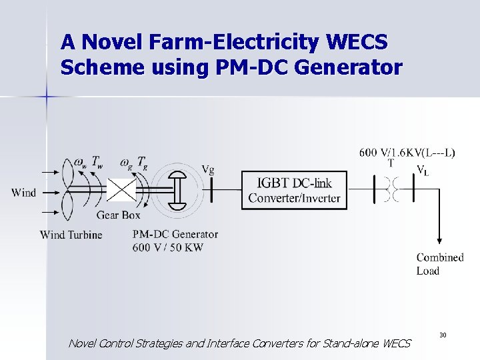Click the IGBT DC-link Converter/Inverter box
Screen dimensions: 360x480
[x=294, y=189]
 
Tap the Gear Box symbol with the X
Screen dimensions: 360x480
[x=121, y=190]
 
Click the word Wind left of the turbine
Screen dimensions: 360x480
[x=24, y=193]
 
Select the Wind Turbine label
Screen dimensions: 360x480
[x=71, y=235]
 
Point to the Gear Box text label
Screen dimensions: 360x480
[x=117, y=215]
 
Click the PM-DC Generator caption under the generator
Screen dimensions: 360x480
[x=175, y=234]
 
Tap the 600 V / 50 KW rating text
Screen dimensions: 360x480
[x=168, y=247]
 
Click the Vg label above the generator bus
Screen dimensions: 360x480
[x=208, y=169]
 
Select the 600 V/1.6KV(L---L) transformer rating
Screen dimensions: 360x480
[x=408, y=153]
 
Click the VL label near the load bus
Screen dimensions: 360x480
[x=423, y=170]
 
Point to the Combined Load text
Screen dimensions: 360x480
[x=439, y=264]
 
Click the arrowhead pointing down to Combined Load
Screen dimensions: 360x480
[x=439, y=241]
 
